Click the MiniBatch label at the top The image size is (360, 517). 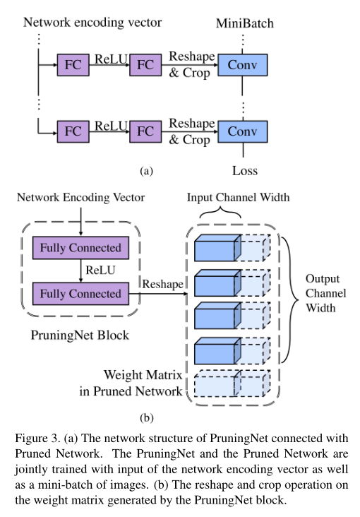click(x=245, y=23)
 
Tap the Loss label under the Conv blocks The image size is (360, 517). click(x=245, y=171)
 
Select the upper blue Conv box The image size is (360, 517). click(x=243, y=65)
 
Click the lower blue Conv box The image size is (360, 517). click(x=243, y=131)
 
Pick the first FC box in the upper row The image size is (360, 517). click(x=73, y=65)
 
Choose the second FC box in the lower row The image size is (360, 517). click(x=145, y=131)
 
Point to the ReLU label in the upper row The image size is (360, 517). click(x=111, y=59)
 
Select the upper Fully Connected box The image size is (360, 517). click(x=80, y=248)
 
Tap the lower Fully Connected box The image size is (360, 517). click(x=80, y=293)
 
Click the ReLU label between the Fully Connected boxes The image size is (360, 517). click(x=100, y=271)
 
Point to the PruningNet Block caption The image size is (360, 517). click(x=80, y=335)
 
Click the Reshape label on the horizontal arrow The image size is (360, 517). click(x=163, y=284)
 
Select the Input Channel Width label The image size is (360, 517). click(x=239, y=197)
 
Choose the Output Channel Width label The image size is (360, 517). click(x=325, y=293)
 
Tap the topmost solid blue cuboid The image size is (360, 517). click(x=218, y=248)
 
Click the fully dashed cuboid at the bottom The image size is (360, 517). click(x=232, y=383)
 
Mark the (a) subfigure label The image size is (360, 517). click(x=146, y=171)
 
